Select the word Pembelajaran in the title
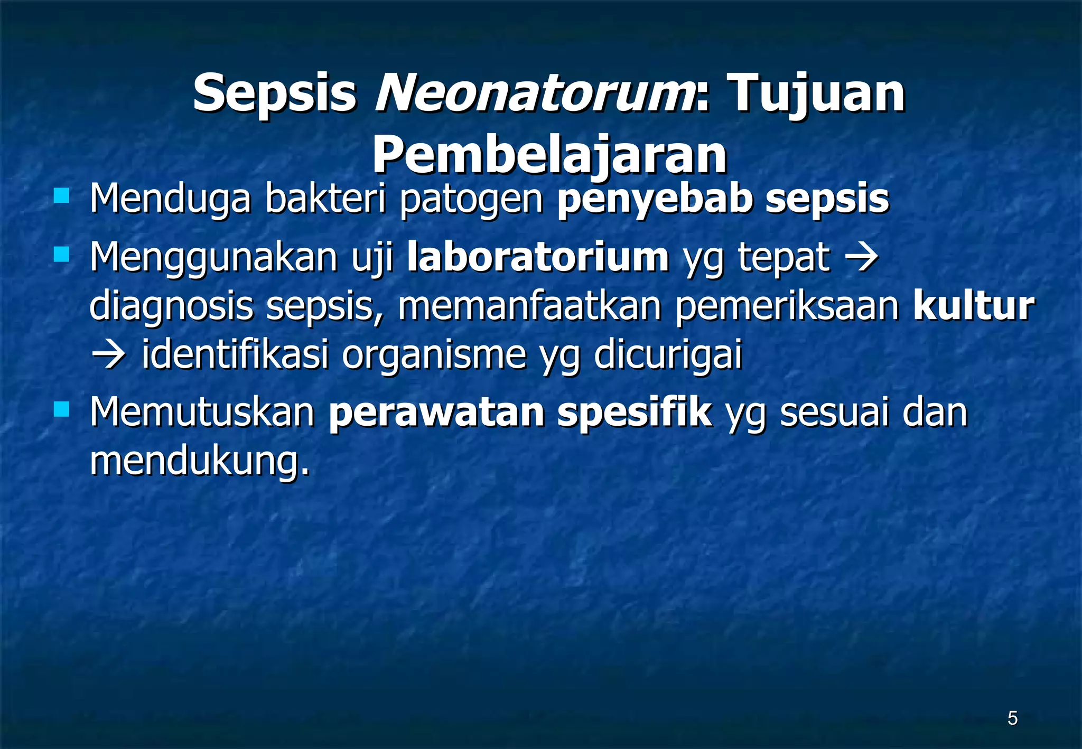[549, 155]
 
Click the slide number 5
[1012, 718]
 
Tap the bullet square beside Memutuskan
[62, 409]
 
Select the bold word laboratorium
[538, 257]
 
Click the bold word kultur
[973, 305]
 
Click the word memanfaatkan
[529, 305]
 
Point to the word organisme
[434, 355]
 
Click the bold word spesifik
[634, 412]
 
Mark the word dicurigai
[668, 355]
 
